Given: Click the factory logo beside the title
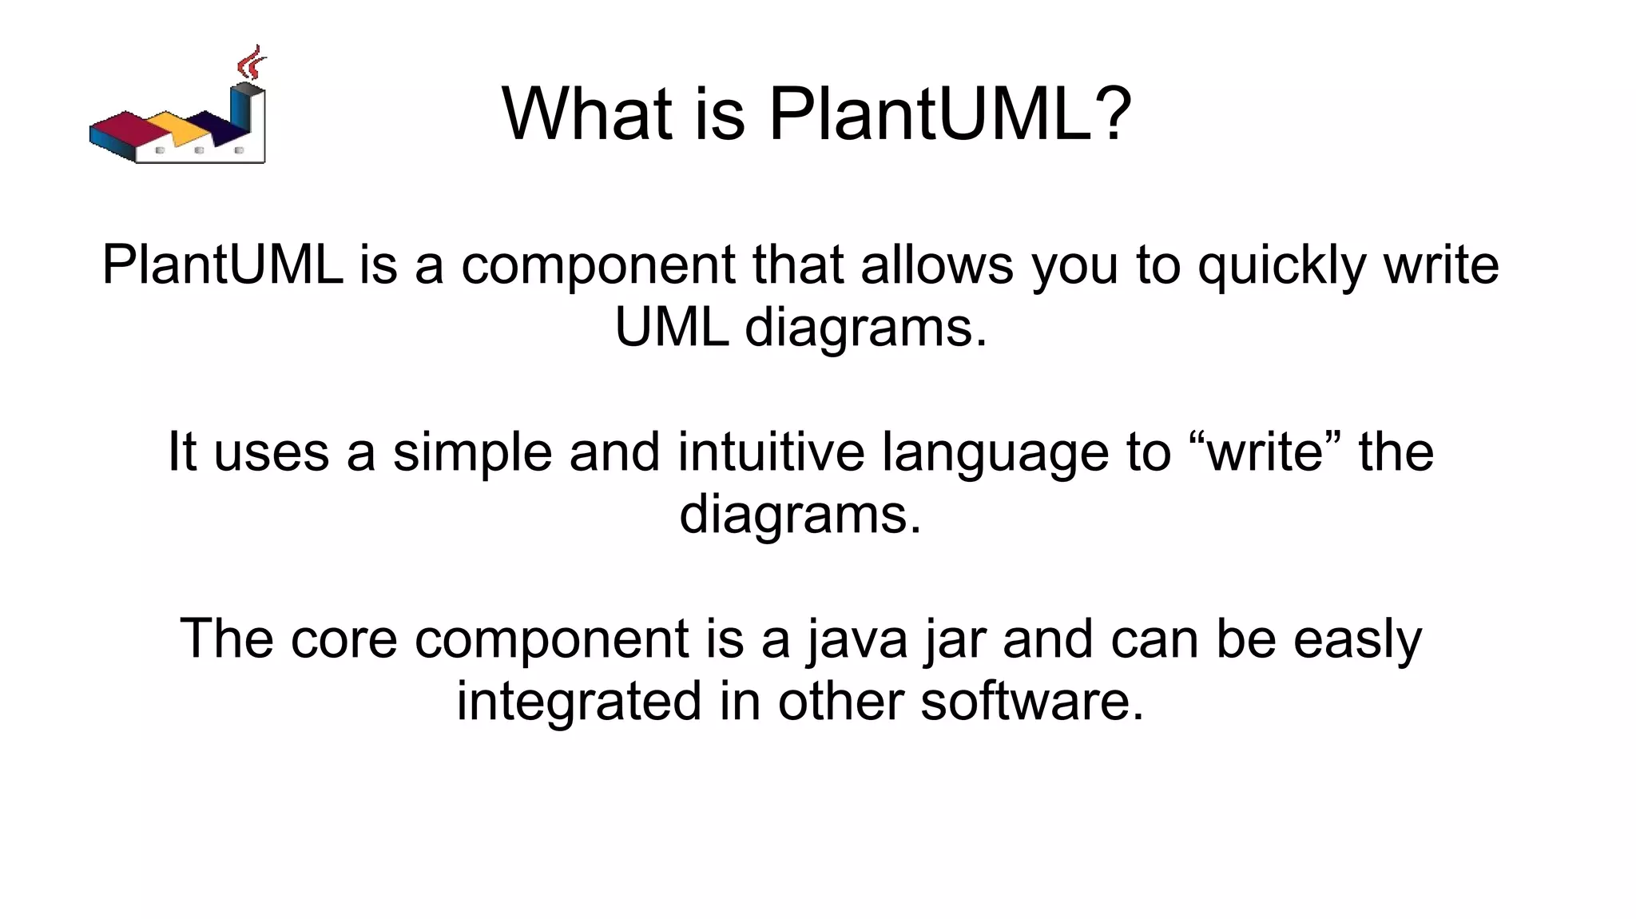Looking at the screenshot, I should click(177, 120).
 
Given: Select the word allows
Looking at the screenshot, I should click(936, 265).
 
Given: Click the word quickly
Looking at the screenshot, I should click(1281, 266).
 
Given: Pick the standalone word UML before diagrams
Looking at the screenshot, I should click(671, 327).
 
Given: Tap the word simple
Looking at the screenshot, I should click(472, 452).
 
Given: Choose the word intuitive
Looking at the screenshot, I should click(771, 452).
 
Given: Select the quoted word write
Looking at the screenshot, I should click(1266, 452).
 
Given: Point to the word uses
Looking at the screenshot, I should click(272, 452).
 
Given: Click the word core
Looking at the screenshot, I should click(343, 639).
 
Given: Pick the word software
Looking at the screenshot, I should click(1031, 701).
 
